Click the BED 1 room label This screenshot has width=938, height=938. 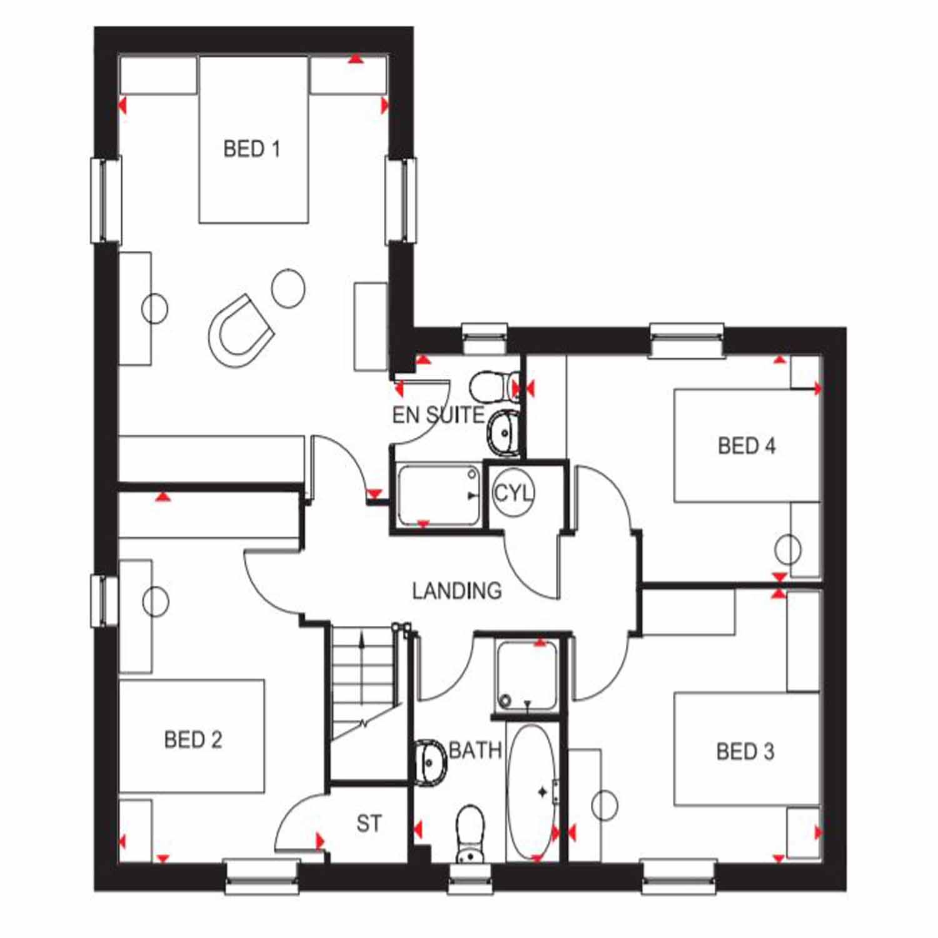pyautogui.click(x=251, y=149)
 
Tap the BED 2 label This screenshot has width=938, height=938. pyautogui.click(x=193, y=740)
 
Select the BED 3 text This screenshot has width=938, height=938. pyautogui.click(x=745, y=750)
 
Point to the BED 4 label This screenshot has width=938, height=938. pyautogui.click(x=747, y=446)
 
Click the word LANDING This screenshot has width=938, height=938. pyautogui.click(x=456, y=590)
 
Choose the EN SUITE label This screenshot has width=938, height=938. pyautogui.click(x=438, y=415)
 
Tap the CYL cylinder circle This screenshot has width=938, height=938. pyautogui.click(x=513, y=493)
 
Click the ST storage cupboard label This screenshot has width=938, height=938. pyautogui.click(x=369, y=824)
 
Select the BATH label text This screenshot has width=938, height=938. pyautogui.click(x=475, y=750)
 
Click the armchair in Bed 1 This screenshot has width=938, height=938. pyautogui.click(x=241, y=331)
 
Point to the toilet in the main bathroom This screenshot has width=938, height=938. pyautogui.click(x=470, y=834)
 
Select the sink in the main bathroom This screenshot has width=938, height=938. pyautogui.click(x=430, y=760)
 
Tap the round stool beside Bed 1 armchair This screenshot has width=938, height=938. pyautogui.click(x=288, y=288)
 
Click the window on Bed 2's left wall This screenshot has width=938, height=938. pyautogui.click(x=104, y=601)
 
